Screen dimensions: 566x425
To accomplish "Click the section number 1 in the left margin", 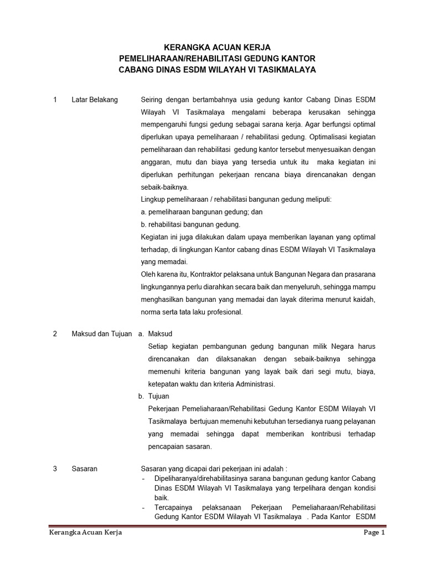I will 55,99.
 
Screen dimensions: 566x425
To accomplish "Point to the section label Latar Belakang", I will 95,99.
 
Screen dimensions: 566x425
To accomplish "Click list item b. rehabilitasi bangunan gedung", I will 190,224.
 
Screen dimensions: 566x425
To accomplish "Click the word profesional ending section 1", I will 224,312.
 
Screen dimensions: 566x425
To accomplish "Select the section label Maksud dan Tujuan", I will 102,334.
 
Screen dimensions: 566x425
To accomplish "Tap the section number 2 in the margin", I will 55,334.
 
